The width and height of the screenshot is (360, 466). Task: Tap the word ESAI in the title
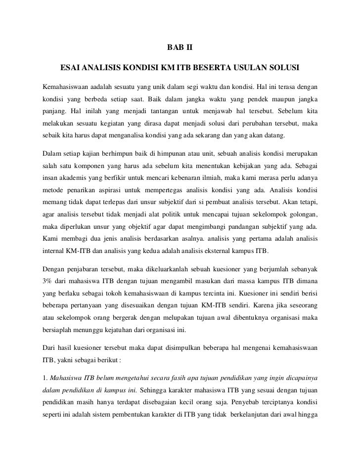tap(70, 67)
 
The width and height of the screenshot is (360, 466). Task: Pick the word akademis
tap(76, 176)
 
